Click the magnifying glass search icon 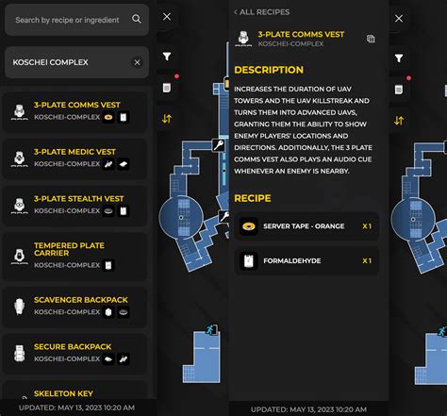pyautogui.click(x=137, y=19)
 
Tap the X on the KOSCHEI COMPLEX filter pyautogui.click(x=137, y=62)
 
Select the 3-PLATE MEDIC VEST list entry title pyautogui.click(x=74, y=152)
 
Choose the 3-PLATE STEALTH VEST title pyautogui.click(x=78, y=199)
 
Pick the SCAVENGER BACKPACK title pyautogui.click(x=80, y=300)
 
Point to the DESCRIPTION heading pyautogui.click(x=269, y=70)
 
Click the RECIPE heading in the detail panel pyautogui.click(x=253, y=199)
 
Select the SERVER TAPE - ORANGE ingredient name pyautogui.click(x=304, y=226)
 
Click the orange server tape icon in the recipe pyautogui.click(x=249, y=226)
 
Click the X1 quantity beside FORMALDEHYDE pyautogui.click(x=367, y=260)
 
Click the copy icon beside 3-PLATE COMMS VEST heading pyautogui.click(x=371, y=40)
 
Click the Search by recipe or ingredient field pyautogui.click(x=66, y=19)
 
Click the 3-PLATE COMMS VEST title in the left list pyautogui.click(x=75, y=105)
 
